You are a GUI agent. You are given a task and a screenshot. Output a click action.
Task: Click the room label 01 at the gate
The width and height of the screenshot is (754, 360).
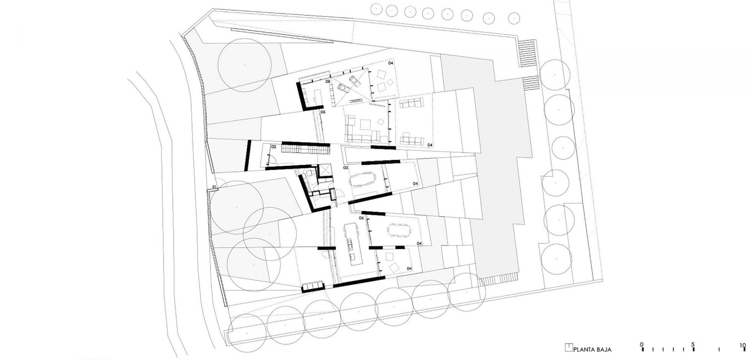(x=214, y=187)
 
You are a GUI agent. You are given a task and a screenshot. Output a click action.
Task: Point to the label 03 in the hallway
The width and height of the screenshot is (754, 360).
(x=345, y=168)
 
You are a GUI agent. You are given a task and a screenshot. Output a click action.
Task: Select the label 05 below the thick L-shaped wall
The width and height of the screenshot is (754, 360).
(x=323, y=112)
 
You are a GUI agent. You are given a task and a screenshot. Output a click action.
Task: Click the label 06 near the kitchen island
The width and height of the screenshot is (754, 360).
(x=361, y=218)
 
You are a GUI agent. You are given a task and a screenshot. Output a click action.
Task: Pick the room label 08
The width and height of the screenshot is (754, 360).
(x=328, y=81)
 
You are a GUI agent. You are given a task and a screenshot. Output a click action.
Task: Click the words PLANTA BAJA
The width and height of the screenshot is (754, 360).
(x=593, y=349)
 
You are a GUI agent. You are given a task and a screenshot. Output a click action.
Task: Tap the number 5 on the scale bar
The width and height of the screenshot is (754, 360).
(x=693, y=344)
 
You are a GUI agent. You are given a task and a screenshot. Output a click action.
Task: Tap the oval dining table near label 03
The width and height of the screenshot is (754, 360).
(x=363, y=180)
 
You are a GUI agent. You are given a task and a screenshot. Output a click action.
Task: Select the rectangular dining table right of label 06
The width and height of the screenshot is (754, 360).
(x=399, y=230)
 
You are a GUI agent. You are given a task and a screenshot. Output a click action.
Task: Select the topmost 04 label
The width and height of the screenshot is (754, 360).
(x=391, y=63)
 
